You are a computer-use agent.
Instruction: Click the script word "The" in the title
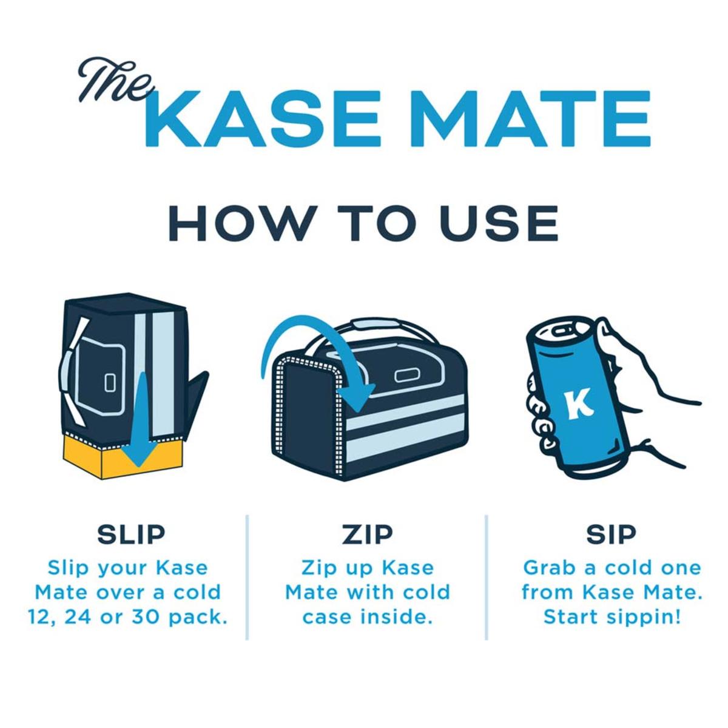tap(113, 82)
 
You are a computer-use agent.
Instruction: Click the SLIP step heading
tap(131, 534)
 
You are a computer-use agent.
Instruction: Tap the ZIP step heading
tap(367, 534)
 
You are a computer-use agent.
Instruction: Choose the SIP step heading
tap(610, 534)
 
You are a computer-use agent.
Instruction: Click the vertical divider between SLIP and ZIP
tap(248, 576)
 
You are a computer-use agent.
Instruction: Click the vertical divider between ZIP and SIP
tap(487, 576)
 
